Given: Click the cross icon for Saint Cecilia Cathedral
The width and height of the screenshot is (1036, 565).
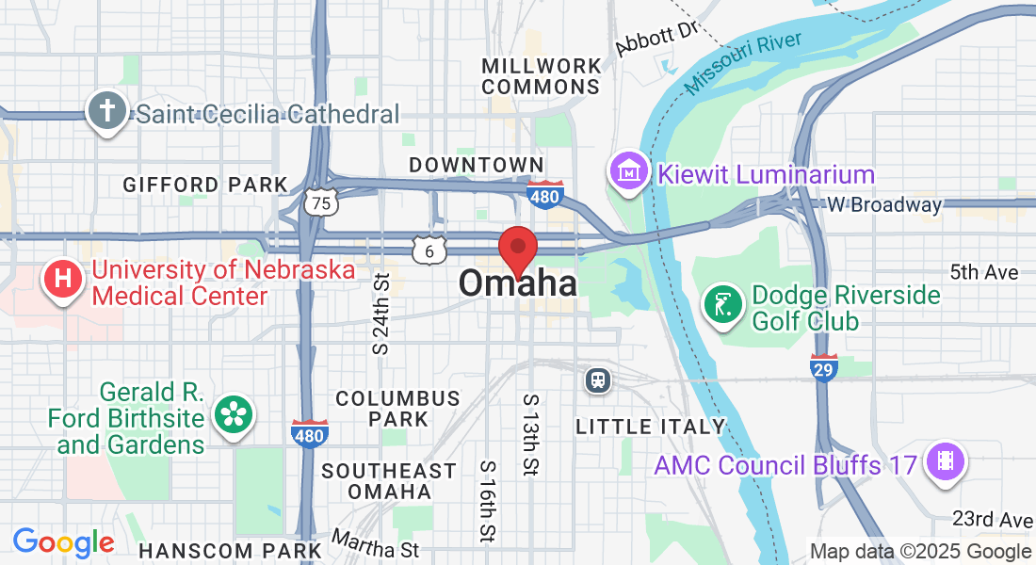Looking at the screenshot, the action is tap(106, 112).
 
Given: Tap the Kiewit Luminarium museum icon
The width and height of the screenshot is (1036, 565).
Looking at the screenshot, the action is tap(629, 172).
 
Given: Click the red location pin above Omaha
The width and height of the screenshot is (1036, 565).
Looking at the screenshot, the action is tap(517, 249).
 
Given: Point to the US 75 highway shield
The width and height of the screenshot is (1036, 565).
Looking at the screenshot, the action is tap(322, 202).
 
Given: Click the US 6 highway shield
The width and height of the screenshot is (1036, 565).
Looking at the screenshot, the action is tap(429, 250).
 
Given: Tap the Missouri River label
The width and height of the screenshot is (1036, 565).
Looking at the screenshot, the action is tap(743, 63).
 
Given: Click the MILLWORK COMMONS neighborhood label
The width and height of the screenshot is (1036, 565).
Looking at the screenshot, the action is tap(541, 76).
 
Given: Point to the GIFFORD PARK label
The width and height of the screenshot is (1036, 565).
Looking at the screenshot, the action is tap(204, 185).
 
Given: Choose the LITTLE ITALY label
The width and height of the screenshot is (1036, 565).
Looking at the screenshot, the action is tap(651, 427).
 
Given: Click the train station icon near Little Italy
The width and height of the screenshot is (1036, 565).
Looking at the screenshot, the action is tap(598, 379).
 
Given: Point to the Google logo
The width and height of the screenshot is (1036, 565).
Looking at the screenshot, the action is tap(63, 543).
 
